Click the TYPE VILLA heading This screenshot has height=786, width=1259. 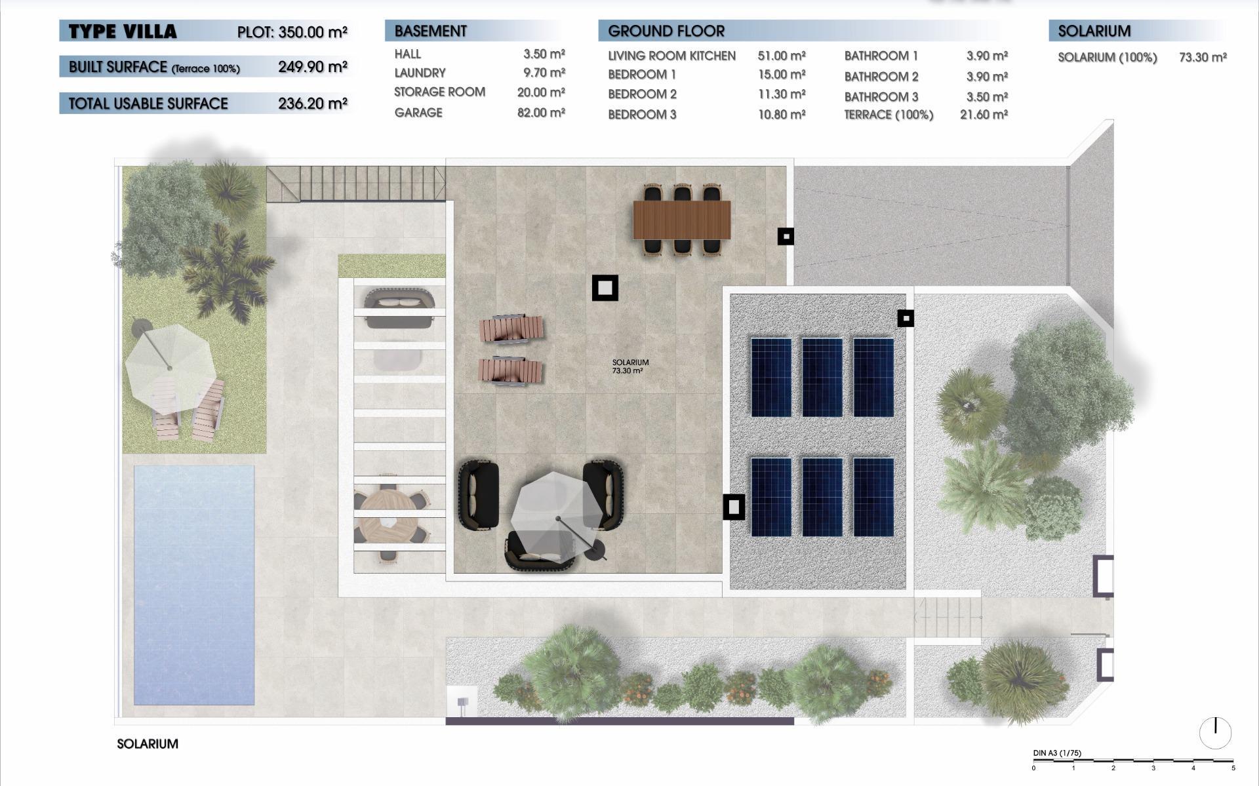(123, 31)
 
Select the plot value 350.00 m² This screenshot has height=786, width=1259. (312, 32)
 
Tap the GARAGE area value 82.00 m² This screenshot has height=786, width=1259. (541, 113)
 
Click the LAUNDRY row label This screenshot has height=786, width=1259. (420, 73)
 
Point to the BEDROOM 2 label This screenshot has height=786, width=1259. (642, 94)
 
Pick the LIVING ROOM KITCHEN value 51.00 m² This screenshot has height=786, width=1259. (782, 56)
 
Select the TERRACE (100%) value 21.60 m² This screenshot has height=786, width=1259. (984, 115)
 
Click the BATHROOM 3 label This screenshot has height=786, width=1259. (881, 97)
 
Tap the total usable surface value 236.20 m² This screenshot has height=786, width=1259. (312, 104)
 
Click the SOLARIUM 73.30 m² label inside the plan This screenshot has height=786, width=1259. (630, 366)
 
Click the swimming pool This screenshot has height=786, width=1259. (194, 585)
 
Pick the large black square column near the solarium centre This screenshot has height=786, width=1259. (605, 288)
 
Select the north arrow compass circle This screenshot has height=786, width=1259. (1215, 732)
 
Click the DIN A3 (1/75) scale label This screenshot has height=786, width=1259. (1057, 753)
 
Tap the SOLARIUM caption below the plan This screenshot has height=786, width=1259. (148, 744)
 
